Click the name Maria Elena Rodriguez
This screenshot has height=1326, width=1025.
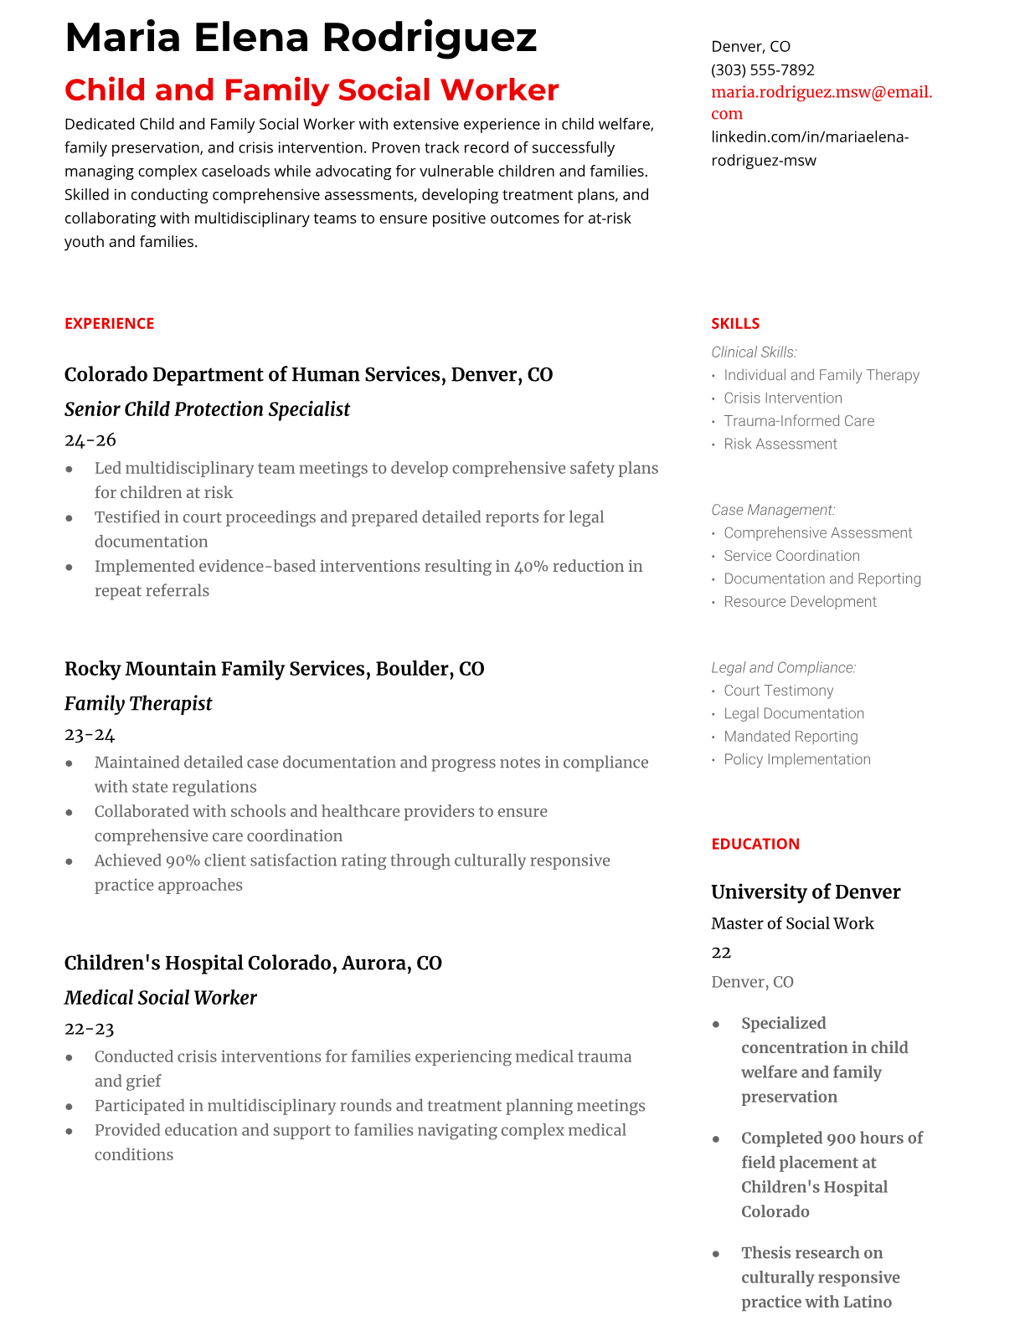point(301,38)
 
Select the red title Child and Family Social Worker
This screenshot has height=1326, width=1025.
point(312,90)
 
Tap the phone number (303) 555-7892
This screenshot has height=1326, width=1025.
point(762,69)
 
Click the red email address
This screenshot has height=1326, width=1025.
point(821,102)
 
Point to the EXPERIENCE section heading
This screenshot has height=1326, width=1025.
point(109,323)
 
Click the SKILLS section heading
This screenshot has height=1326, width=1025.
point(735,323)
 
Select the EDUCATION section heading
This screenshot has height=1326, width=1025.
point(755,844)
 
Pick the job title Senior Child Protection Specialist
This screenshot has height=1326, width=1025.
point(207,409)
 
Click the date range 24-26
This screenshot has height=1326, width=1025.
point(90,439)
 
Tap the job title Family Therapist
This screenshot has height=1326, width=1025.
point(138,703)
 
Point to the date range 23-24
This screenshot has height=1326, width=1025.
point(90,734)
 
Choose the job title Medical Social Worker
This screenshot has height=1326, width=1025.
point(160,998)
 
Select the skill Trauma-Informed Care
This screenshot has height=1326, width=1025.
point(799,421)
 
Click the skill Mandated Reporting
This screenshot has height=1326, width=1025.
point(791,737)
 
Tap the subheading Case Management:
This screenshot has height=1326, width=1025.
point(773,510)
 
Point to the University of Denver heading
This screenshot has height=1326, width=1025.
point(806,892)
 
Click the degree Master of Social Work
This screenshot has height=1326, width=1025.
point(792,923)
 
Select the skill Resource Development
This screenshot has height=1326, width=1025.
point(800,602)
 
